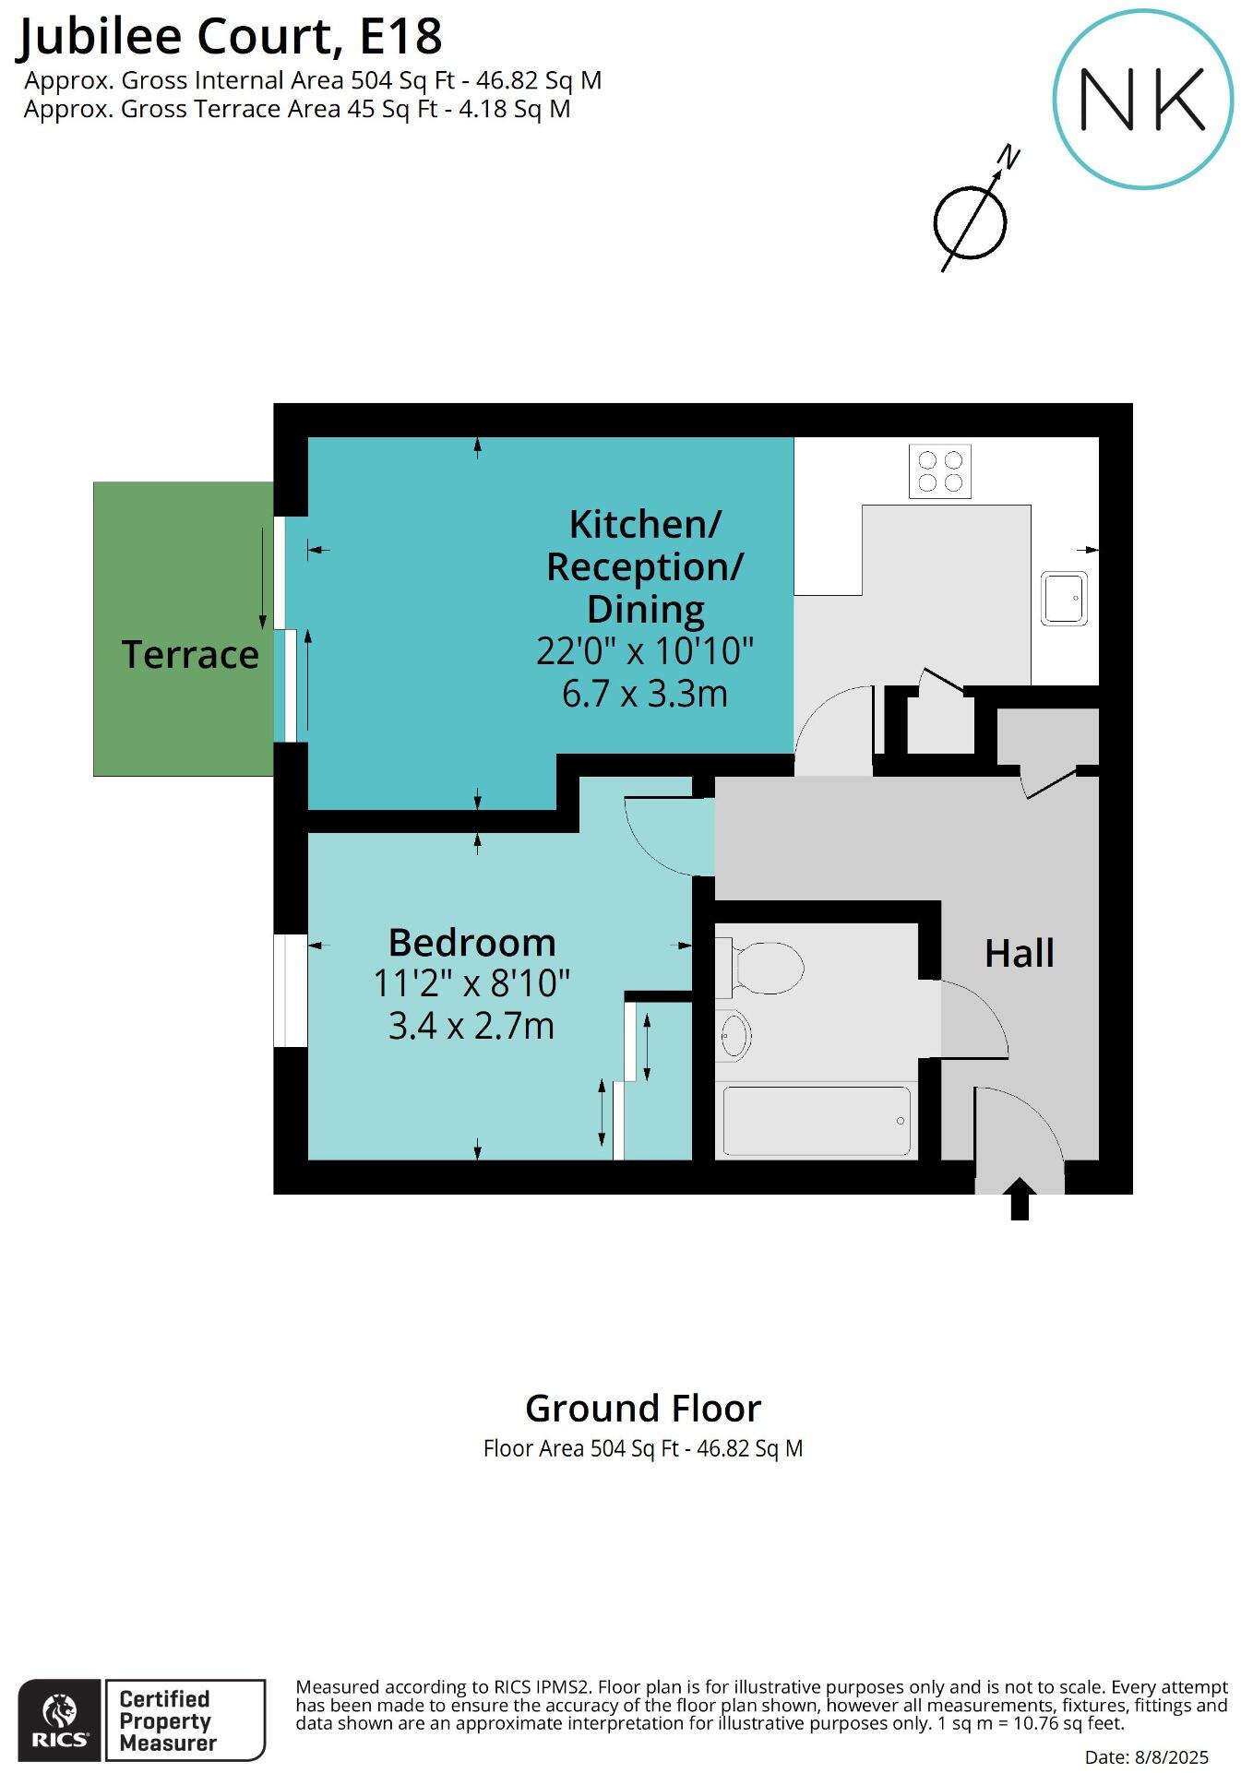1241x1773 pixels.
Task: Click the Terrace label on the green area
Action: tap(190, 655)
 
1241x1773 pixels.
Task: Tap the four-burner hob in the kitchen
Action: tap(939, 471)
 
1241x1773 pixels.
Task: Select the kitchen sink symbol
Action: tap(1064, 598)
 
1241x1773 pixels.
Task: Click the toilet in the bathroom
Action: tap(761, 968)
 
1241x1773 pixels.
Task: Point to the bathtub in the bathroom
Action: tap(816, 1121)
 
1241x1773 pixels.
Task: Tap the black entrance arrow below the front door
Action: tap(1019, 1199)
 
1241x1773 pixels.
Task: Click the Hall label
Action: tap(1019, 953)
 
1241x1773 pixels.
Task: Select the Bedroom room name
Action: tap(471, 943)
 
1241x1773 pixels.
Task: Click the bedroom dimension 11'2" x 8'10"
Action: tap(471, 983)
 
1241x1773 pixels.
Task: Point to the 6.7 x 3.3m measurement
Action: tap(644, 694)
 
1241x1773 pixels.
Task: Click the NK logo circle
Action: tap(1142, 100)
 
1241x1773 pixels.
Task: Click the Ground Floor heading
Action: tap(643, 1409)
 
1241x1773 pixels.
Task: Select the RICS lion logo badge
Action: tap(60, 1719)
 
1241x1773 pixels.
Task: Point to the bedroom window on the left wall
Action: tap(290, 991)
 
